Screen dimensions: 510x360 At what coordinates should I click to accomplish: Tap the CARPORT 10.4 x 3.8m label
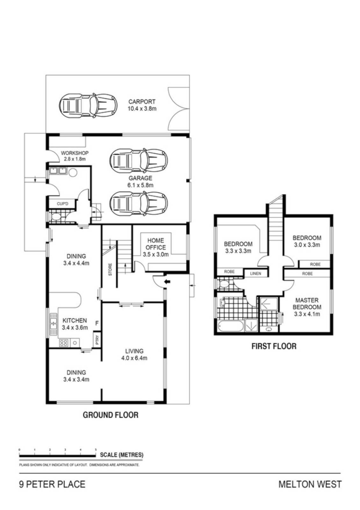click(142, 105)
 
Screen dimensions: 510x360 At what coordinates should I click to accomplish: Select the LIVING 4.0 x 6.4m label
click(134, 354)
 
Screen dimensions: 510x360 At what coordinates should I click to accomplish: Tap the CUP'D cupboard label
click(62, 204)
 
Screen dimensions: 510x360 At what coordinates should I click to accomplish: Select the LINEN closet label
click(255, 273)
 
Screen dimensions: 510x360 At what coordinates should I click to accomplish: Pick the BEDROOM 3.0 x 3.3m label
click(307, 241)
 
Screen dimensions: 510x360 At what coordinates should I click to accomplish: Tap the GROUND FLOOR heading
click(110, 415)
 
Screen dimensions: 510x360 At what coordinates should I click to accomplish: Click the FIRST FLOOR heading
click(273, 347)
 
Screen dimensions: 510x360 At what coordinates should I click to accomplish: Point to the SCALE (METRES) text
click(122, 455)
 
